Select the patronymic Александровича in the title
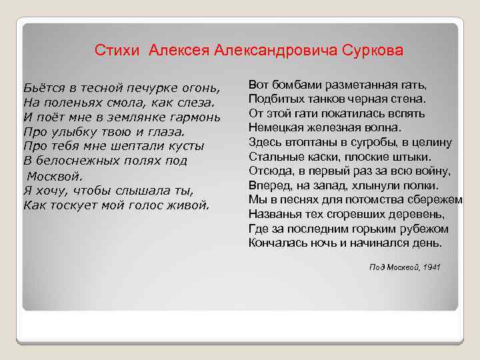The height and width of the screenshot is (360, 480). pos(275,51)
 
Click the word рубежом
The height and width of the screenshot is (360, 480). pos(425,228)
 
